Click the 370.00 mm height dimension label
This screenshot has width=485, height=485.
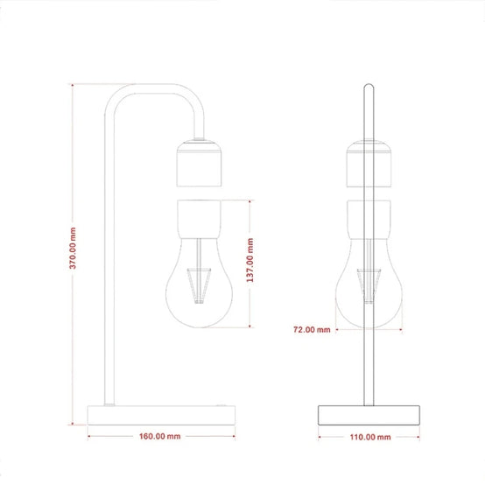tap(73, 248)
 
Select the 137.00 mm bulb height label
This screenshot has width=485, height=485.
tap(250, 260)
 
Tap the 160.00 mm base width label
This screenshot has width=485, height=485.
tap(159, 436)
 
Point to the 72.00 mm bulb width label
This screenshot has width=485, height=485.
tap(312, 330)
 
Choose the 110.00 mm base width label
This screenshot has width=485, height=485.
tap(370, 437)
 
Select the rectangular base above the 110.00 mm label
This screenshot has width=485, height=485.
tap(369, 415)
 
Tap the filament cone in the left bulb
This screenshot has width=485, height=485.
tap(199, 285)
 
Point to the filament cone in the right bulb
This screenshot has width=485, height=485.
tap(369, 285)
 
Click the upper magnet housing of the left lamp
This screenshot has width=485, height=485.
tap(200, 164)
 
